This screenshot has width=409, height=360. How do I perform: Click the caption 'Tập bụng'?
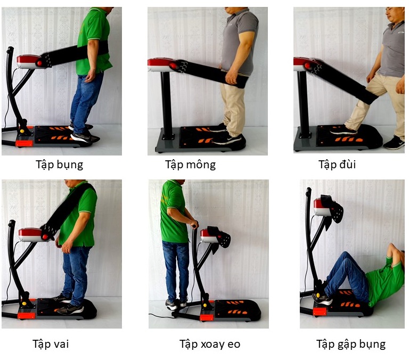pyautogui.click(x=59, y=165)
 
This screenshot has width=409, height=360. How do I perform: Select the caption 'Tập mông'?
pyautogui.click(x=191, y=165)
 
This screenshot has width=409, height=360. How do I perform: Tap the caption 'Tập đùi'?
pyautogui.click(x=337, y=165)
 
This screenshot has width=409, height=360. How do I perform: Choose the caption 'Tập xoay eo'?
pyautogui.click(x=210, y=344)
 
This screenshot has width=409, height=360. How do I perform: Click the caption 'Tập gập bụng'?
pyautogui.click(x=351, y=345)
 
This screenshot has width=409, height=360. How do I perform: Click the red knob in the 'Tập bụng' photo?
pyautogui.click(x=39, y=63)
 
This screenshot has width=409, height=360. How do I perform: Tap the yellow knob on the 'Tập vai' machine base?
pyautogui.click(x=24, y=304)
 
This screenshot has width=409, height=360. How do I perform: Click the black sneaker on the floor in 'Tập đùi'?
pyautogui.click(x=394, y=143)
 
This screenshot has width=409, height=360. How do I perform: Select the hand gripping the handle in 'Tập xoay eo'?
pyautogui.click(x=194, y=224)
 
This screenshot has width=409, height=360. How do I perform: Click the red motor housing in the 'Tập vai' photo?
pyautogui.click(x=30, y=234)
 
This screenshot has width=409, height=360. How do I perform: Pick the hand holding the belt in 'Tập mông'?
pyautogui.click(x=232, y=77)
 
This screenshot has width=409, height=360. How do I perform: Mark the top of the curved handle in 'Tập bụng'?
pyautogui.click(x=10, y=49)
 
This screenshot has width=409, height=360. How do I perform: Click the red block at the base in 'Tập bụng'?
pyautogui.click(x=24, y=143)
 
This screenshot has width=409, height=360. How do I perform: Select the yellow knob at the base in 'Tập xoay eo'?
pyautogui.click(x=205, y=306)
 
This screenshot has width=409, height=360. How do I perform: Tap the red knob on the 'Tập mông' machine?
pyautogui.click(x=173, y=66)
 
